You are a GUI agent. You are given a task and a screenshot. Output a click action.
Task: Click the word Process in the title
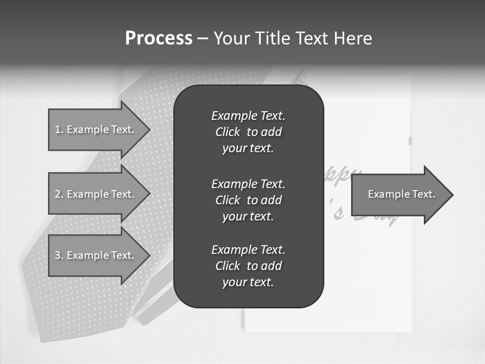[159, 38]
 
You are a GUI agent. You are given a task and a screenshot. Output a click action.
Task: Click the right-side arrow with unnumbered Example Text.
[402, 195]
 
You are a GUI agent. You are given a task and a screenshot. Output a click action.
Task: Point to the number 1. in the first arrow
[59, 129]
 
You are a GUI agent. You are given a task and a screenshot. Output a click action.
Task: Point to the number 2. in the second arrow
[59, 194]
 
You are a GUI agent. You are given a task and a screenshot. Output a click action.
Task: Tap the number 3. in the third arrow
[59, 255]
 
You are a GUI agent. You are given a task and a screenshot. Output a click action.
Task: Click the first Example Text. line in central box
[248, 116]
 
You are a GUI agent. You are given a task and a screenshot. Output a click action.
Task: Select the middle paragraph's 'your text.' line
[248, 216]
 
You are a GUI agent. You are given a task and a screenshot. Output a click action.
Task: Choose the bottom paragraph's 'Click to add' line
[248, 266]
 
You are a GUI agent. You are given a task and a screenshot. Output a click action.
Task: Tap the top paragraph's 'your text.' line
[248, 149]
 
